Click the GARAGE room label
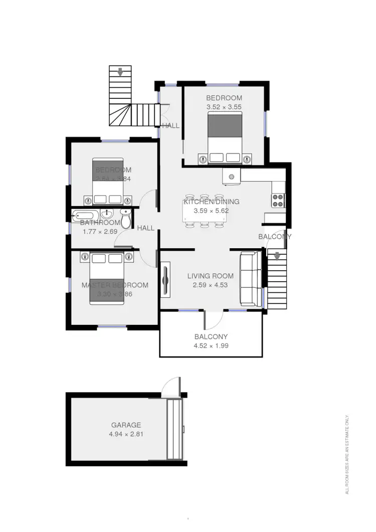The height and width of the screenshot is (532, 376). (x=126, y=425)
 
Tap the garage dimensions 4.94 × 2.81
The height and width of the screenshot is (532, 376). (x=126, y=434)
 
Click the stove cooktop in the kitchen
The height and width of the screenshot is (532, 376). (x=278, y=200)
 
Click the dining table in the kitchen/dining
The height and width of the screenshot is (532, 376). (x=205, y=211)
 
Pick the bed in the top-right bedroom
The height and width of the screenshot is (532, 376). (x=225, y=137)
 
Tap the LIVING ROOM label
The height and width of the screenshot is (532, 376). (x=211, y=276)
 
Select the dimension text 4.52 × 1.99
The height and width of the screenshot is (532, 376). (x=211, y=345)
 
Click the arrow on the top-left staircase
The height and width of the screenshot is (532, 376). (x=120, y=73)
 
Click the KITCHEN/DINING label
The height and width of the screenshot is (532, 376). (x=211, y=202)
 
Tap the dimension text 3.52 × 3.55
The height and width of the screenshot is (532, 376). (x=224, y=107)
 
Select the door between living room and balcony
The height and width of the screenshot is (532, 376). (x=213, y=318)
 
